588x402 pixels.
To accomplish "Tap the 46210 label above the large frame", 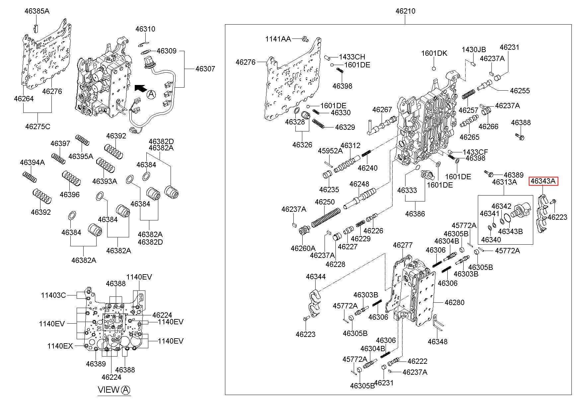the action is [405, 11].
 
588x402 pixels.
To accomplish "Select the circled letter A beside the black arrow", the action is [151, 94].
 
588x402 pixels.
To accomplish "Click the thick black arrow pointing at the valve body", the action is [140, 88].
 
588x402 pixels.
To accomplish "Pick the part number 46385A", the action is [37, 11].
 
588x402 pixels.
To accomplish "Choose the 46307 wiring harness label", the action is [205, 69].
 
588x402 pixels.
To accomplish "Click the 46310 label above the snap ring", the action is [145, 29].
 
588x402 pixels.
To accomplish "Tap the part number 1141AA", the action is [278, 39].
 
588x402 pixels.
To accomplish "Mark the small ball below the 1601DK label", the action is [434, 69].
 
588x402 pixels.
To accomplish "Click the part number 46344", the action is [316, 277].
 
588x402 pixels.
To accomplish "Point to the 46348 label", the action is [437, 342].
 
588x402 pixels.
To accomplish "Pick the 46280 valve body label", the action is [455, 303].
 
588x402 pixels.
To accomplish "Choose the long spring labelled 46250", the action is [325, 217].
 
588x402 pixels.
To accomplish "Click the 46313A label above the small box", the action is [504, 182].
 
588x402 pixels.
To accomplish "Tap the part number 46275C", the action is [38, 126].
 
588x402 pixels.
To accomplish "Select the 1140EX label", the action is [60, 346].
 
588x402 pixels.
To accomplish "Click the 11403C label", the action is [53, 295].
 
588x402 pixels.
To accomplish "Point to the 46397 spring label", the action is [60, 143].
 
